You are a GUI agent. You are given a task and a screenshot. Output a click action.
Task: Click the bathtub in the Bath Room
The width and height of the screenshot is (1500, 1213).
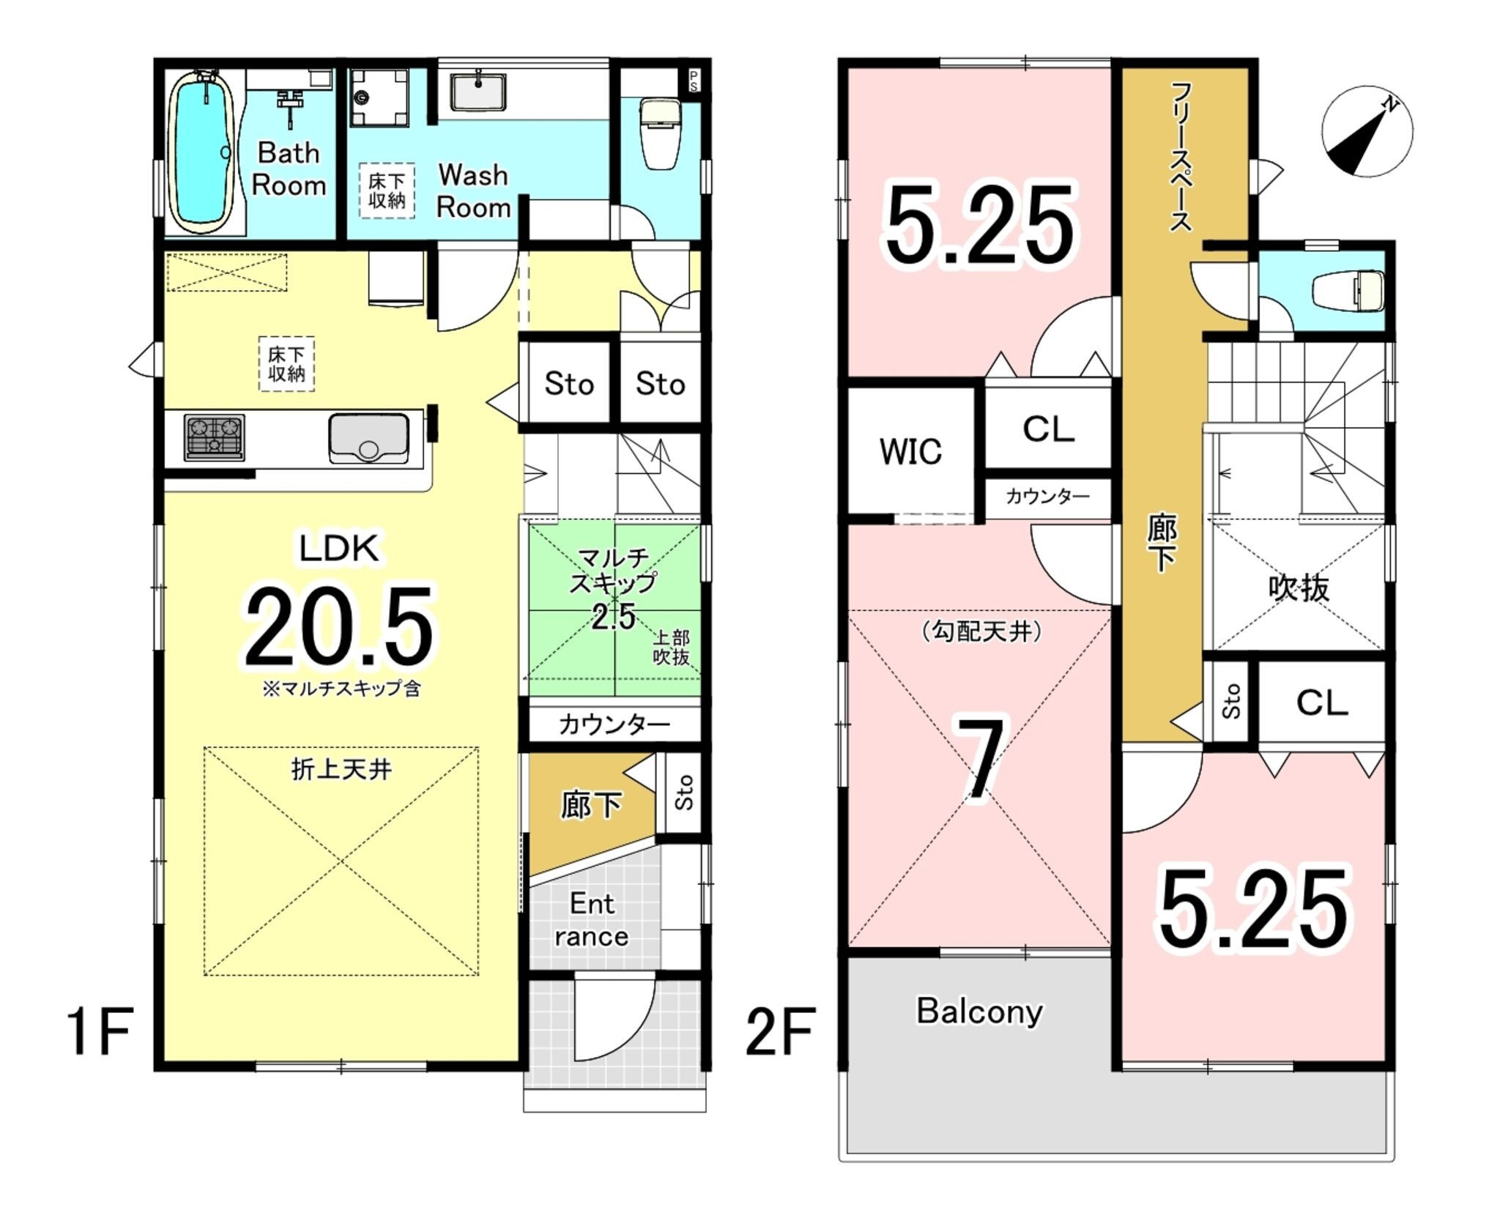tap(202, 152)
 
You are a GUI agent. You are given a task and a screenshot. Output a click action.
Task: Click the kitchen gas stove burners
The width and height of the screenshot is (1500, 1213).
tap(215, 437)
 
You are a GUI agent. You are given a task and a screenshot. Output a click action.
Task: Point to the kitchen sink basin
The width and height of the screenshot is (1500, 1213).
tap(368, 438)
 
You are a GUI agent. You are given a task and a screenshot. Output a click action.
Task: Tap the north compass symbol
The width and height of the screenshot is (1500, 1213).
tap(1367, 132)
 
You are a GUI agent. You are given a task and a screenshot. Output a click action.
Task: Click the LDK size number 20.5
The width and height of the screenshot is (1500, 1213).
tap(339, 626)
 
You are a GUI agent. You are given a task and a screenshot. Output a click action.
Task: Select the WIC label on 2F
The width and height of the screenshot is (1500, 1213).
tap(910, 451)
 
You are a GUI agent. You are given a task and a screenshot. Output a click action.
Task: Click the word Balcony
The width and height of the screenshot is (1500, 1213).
tap(979, 1012)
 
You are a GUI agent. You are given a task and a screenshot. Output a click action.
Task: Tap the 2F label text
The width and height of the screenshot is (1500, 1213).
tap(780, 1032)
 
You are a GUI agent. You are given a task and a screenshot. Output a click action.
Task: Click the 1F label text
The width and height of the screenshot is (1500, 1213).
tap(100, 1032)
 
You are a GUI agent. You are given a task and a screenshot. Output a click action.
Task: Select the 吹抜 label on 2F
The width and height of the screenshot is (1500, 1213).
tap(1299, 588)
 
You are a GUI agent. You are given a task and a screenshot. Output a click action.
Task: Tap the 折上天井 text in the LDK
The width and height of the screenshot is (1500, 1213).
tap(341, 769)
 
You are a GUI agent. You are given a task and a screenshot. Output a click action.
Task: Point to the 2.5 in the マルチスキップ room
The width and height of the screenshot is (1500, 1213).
tap(613, 617)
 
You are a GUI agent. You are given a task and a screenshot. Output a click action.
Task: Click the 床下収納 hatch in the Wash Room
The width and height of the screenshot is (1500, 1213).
tap(387, 190)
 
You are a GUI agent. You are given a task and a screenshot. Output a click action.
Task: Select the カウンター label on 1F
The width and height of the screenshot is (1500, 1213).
tap(614, 724)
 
